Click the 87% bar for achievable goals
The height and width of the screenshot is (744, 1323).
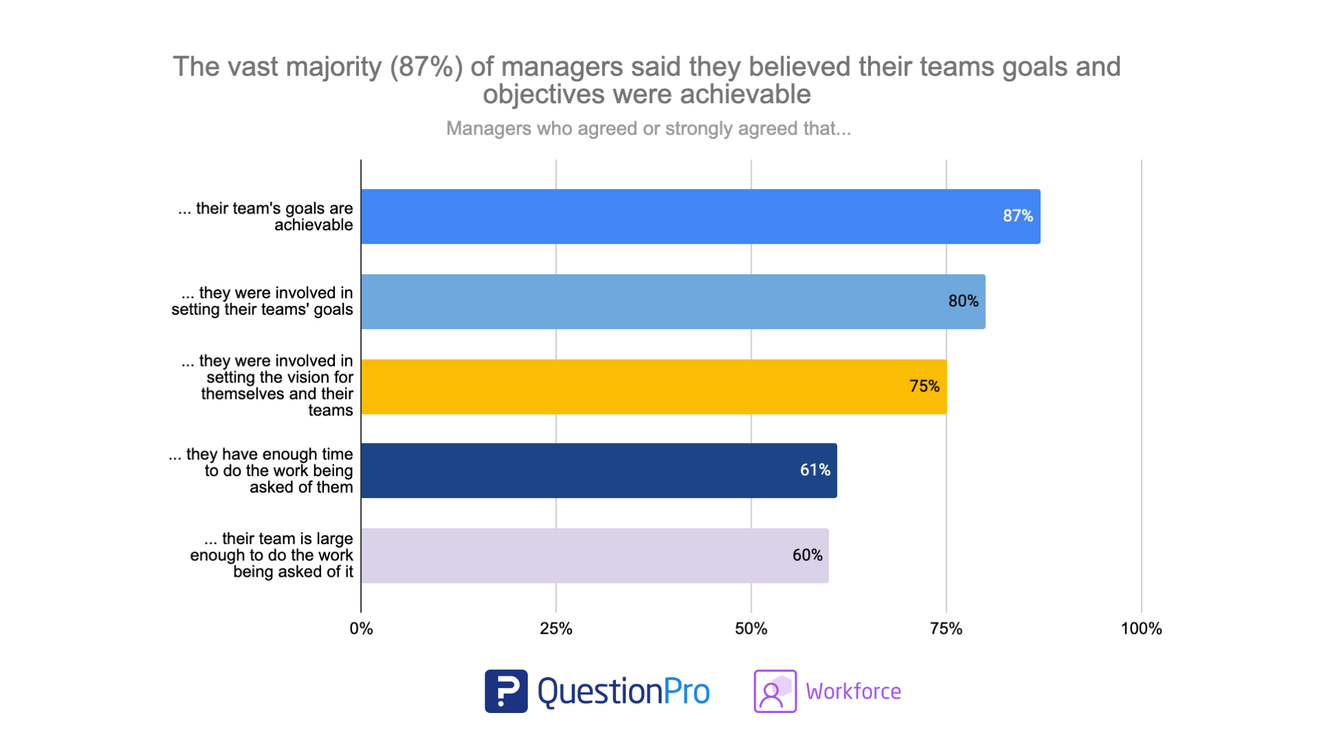700,216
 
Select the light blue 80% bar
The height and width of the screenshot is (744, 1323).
673,302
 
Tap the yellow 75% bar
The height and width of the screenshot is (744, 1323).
653,386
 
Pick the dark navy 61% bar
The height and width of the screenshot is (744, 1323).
598,471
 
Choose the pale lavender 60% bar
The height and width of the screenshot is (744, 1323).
594,556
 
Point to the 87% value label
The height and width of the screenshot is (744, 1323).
1018,216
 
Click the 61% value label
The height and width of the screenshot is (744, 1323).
815,471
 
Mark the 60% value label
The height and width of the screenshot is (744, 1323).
807,555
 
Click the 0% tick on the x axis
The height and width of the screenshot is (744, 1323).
361,629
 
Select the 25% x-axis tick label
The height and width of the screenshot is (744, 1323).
556,629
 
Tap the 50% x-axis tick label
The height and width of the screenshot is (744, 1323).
751,629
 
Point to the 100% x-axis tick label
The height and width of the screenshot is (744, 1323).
1141,629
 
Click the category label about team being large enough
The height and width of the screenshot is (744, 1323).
271,555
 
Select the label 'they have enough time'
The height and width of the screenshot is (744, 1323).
261,471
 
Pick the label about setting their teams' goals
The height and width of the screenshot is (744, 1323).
263,302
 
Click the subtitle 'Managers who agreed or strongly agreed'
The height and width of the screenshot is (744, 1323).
648,129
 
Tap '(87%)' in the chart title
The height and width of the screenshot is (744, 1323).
426,67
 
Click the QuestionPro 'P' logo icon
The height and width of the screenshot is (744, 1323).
506,691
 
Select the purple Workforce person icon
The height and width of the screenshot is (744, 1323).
775,691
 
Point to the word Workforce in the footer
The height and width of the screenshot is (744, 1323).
853,692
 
